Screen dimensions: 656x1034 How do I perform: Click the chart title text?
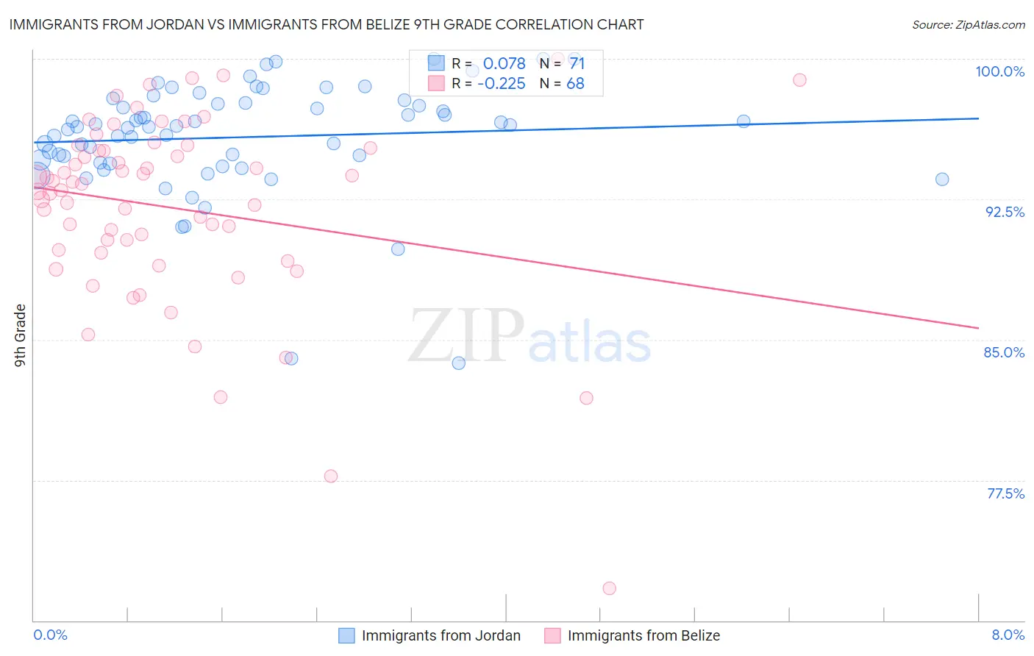click(327, 25)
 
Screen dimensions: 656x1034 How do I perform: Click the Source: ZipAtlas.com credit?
click(968, 25)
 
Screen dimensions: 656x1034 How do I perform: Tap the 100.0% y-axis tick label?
click(999, 71)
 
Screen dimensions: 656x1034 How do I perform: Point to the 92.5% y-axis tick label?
click(1005, 212)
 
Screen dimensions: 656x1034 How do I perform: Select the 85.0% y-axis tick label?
click(1004, 352)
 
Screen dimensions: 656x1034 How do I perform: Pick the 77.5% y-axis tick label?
click(1005, 493)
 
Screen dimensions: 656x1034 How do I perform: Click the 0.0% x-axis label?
click(50, 635)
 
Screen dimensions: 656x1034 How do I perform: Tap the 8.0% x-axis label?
click(1008, 635)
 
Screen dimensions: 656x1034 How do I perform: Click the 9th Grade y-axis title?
click(21, 335)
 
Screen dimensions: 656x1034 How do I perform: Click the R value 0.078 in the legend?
click(504, 64)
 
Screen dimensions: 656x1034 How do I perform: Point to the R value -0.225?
click(501, 84)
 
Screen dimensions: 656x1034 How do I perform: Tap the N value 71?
click(577, 64)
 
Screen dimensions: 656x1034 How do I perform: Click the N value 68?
click(575, 84)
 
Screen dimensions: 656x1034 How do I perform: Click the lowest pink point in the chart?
click(609, 588)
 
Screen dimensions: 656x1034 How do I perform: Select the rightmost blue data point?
click(942, 179)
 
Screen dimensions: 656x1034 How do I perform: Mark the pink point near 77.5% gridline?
click(331, 477)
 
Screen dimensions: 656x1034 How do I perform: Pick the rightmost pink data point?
click(799, 80)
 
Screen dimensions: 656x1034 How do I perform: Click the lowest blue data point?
click(458, 363)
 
